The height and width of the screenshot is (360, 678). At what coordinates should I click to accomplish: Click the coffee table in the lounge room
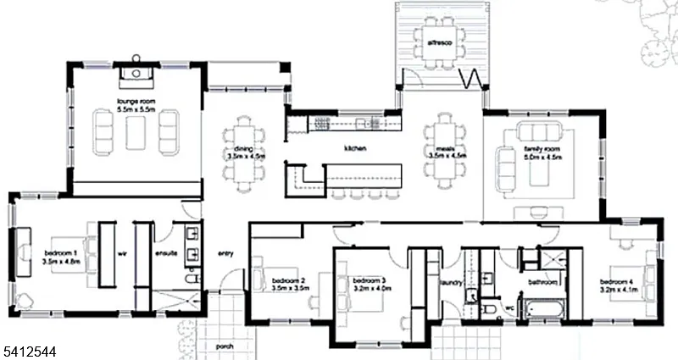coord(136,132)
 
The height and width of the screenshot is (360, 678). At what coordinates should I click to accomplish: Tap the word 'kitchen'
coord(354,148)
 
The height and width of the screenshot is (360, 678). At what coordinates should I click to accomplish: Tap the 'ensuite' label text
coord(164,252)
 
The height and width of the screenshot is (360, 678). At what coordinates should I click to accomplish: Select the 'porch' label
coord(225,346)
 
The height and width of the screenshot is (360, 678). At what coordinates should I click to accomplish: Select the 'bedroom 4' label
coord(616,281)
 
